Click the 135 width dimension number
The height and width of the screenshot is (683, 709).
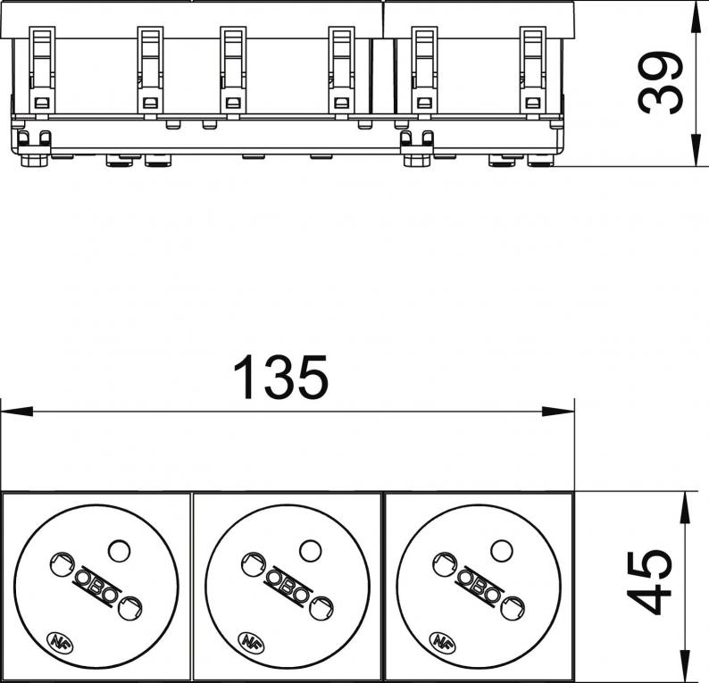coord(280,378)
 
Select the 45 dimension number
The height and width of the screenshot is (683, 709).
coord(649,583)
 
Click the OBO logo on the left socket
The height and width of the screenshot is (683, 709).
coord(96,587)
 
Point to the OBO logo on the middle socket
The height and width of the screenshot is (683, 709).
coord(287,587)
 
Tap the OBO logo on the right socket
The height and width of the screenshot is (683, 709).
coord(479,587)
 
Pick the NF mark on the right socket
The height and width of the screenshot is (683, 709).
coord(440,640)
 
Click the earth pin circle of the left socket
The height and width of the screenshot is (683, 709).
coord(120,552)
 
